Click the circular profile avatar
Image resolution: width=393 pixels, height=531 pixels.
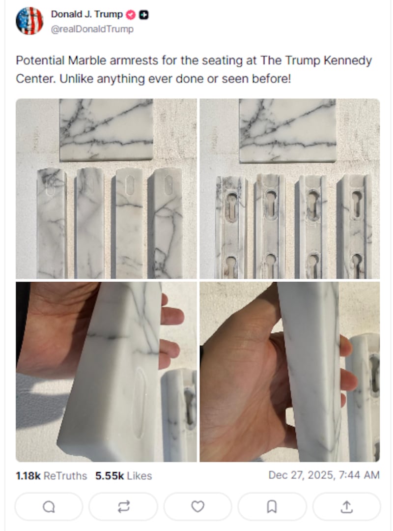pos(29,21)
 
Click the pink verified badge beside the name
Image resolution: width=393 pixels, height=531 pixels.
pos(131,15)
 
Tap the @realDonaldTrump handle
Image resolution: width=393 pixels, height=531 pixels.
pos(92,29)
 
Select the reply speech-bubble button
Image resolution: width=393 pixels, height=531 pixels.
pos(49,506)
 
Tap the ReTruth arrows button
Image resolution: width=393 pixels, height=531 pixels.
pos(123,506)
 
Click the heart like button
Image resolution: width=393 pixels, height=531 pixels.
pos(197,506)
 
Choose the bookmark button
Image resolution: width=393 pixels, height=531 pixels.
pos(272,506)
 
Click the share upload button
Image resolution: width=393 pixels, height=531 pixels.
pos(346,506)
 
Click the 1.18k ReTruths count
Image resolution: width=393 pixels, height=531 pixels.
pos(51,476)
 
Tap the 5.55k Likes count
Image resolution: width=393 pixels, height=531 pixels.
pos(123,476)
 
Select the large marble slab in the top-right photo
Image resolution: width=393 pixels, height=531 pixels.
pos(287,130)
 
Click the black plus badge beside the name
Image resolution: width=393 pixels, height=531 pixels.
pos(144,15)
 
